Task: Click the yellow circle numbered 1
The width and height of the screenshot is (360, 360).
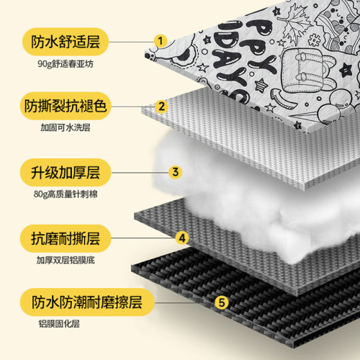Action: [x=161, y=41]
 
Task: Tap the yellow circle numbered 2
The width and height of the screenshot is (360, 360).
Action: [x=161, y=107]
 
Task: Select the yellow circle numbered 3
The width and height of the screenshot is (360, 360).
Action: [x=175, y=172]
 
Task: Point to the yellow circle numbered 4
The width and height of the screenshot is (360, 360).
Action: [x=182, y=238]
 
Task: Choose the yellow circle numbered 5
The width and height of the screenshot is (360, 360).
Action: [x=222, y=302]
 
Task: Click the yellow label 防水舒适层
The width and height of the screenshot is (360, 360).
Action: [x=66, y=42]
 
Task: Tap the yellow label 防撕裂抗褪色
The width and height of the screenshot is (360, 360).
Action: [x=66, y=106]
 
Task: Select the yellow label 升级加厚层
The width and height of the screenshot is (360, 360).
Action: [x=66, y=172]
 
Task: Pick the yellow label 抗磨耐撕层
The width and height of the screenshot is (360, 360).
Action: [x=66, y=238]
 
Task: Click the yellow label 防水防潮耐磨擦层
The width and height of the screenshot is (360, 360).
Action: [x=87, y=302]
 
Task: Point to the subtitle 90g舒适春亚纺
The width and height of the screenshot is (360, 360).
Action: [x=66, y=64]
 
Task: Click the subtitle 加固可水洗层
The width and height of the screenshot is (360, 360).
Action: [x=66, y=127]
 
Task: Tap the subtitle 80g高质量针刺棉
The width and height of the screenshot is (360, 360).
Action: [x=66, y=194]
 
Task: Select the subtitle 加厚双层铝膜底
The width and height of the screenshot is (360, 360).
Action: [x=66, y=260]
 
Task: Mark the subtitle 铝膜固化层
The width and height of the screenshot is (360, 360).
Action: [x=59, y=324]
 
